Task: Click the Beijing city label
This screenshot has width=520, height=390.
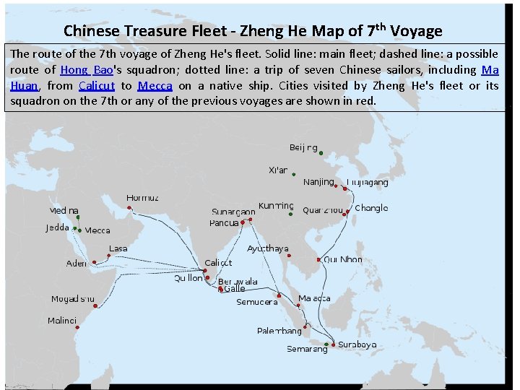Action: (x=303, y=147)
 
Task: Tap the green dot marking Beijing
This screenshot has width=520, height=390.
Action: (x=321, y=153)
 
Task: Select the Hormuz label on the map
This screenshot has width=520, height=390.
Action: (x=143, y=198)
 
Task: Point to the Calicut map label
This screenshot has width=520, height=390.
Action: (x=219, y=263)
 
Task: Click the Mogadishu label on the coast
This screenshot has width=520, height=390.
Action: (x=72, y=299)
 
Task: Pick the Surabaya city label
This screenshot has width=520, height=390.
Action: (x=357, y=344)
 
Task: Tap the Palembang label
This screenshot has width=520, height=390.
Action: (x=279, y=331)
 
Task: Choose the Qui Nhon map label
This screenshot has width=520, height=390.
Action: (x=343, y=259)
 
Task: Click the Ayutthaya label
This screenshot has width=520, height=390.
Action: (x=268, y=248)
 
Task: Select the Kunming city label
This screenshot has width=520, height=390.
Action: (x=276, y=206)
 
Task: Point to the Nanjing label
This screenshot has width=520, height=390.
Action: (x=318, y=181)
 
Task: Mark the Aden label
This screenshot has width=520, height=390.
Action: (x=77, y=264)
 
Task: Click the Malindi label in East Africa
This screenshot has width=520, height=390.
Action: (x=62, y=320)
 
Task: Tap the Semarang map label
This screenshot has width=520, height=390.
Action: (x=307, y=349)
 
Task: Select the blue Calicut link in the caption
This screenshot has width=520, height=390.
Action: (x=96, y=85)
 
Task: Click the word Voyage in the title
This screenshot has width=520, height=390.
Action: (x=416, y=31)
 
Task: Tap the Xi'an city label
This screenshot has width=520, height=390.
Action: (x=278, y=170)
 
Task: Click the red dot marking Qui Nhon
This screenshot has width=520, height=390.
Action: (x=318, y=259)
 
